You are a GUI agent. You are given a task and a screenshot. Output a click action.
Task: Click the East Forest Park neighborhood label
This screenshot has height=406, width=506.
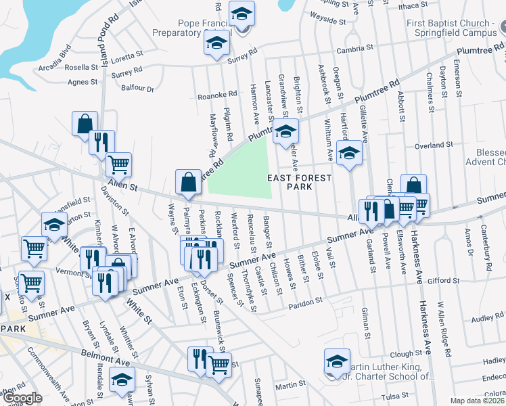(x=300, y=183)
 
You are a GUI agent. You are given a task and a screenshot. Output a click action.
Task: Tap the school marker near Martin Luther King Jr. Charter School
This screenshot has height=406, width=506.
(x=337, y=361)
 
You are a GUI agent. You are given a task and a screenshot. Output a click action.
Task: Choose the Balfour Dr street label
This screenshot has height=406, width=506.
(x=137, y=88)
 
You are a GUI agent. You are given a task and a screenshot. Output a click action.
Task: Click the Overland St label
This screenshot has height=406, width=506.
(x=433, y=145)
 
